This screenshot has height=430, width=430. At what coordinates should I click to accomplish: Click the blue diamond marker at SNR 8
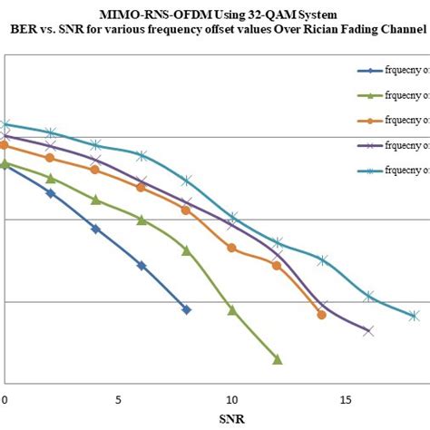(187, 309)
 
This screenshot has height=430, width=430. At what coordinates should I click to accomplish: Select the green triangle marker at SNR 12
(278, 359)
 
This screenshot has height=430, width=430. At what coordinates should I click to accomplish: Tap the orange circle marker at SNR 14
(322, 315)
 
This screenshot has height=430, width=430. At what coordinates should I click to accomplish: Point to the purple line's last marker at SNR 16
(368, 331)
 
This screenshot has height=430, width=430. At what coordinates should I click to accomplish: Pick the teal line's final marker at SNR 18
(414, 316)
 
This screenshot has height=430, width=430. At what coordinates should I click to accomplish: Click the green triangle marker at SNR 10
(232, 310)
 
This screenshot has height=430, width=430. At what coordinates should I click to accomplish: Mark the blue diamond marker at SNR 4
(95, 229)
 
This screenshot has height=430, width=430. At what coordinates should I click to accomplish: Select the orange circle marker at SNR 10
(231, 248)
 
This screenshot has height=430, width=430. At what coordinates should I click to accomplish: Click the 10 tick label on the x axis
(231, 398)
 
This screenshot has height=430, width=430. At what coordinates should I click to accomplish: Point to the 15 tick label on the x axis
(346, 398)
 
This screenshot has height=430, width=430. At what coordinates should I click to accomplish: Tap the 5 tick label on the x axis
(118, 398)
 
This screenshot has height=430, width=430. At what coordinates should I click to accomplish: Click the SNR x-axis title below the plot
(231, 419)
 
